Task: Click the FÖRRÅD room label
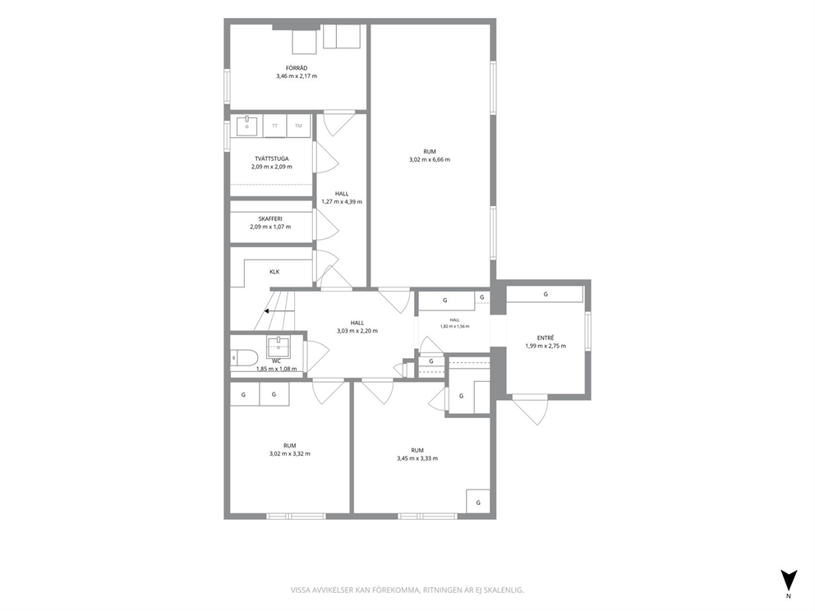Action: [297, 68]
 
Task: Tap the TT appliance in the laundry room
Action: [275, 126]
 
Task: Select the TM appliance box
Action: [298, 126]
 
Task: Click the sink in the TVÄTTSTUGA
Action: [247, 126]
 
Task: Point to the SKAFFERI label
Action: [270, 218]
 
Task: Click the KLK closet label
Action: [274, 272]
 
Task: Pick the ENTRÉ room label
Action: [546, 338]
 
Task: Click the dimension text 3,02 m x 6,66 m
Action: [430, 159]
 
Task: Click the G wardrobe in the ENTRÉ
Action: [546, 294]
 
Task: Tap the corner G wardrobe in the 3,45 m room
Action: [478, 502]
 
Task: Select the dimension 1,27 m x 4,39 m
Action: [342, 201]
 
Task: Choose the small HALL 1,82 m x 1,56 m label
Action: [455, 324]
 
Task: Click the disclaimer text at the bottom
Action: [407, 590]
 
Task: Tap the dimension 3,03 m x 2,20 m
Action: [357, 331]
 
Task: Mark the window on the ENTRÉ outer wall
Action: [588, 330]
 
